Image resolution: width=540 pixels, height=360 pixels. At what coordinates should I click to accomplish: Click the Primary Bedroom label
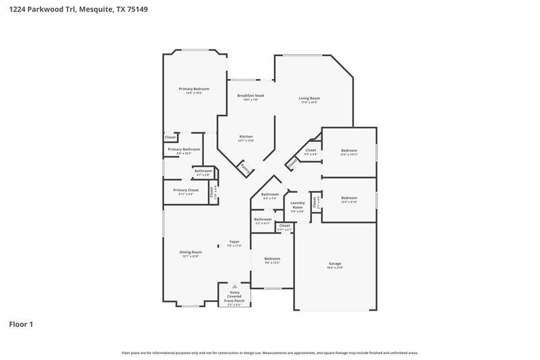tap(194, 89)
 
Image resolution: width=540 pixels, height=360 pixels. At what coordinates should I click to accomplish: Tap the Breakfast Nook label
tap(250, 95)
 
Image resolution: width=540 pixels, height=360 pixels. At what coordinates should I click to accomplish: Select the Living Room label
tap(309, 98)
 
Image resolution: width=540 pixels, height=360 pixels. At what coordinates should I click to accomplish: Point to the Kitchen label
tap(246, 136)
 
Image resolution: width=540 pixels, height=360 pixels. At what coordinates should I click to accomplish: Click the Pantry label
tap(246, 168)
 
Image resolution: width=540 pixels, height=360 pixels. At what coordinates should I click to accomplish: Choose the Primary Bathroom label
tap(184, 149)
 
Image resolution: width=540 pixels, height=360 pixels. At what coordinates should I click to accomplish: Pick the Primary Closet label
tap(185, 190)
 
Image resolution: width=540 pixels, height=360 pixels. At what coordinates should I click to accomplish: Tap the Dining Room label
tap(190, 252)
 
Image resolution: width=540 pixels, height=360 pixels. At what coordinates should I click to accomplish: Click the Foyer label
tap(234, 241)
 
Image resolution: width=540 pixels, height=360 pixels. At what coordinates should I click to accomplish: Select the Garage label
tap(335, 263)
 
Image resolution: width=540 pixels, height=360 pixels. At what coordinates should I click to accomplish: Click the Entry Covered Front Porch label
tap(234, 295)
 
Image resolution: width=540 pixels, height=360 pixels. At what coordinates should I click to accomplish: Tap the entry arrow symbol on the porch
tap(235, 286)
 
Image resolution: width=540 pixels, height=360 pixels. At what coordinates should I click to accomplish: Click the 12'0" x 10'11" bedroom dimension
tap(349, 155)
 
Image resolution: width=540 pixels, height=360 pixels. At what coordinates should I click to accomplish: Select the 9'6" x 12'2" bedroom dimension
tap(272, 263)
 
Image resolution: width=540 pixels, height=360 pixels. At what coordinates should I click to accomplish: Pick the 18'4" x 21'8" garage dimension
tap(335, 267)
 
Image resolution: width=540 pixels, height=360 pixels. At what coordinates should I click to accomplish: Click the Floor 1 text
tap(21, 324)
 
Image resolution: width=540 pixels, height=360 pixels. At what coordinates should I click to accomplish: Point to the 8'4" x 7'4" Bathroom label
tap(270, 195)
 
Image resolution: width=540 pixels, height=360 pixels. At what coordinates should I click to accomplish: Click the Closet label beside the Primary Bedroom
tap(170, 137)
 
